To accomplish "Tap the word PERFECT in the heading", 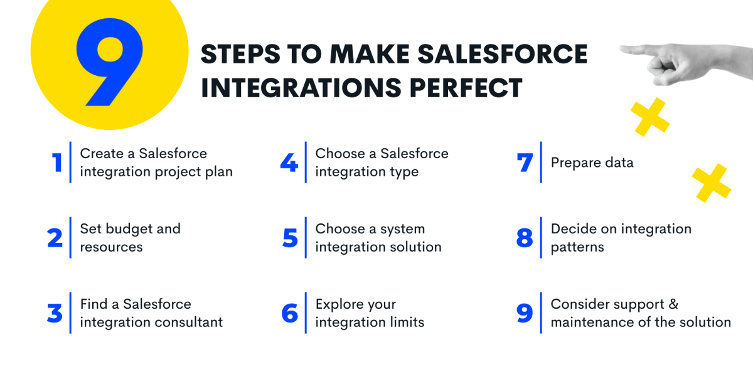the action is (x=466, y=88).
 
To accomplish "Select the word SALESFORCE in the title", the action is (x=503, y=54).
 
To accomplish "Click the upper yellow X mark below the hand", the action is (x=650, y=117).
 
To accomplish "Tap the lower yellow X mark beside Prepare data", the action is (x=712, y=183).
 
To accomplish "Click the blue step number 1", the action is (x=57, y=163).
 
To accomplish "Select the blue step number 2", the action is (x=55, y=238).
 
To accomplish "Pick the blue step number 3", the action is (x=55, y=313).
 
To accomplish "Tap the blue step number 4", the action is (x=289, y=163).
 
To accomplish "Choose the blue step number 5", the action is (x=290, y=238).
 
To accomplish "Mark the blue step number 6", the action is (x=290, y=313).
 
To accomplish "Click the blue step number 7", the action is (x=525, y=163).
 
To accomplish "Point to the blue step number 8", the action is (x=525, y=238).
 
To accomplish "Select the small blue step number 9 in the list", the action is (x=525, y=313).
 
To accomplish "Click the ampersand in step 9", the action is (x=673, y=304).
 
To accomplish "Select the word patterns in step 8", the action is (x=577, y=248).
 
